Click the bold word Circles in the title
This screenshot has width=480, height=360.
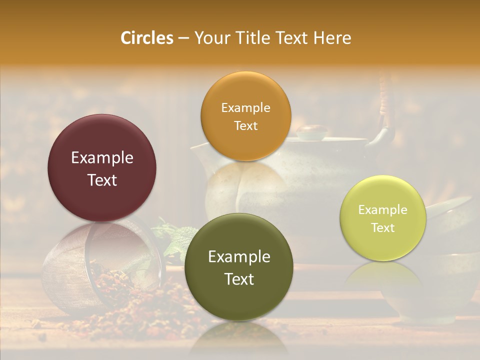[146, 38]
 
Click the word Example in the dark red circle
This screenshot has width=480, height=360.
[102, 158]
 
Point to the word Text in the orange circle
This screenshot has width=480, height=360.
[245, 125]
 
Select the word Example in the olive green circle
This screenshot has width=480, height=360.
[239, 257]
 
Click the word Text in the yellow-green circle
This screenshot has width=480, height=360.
[383, 227]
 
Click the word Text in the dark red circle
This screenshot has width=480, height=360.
[102, 180]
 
